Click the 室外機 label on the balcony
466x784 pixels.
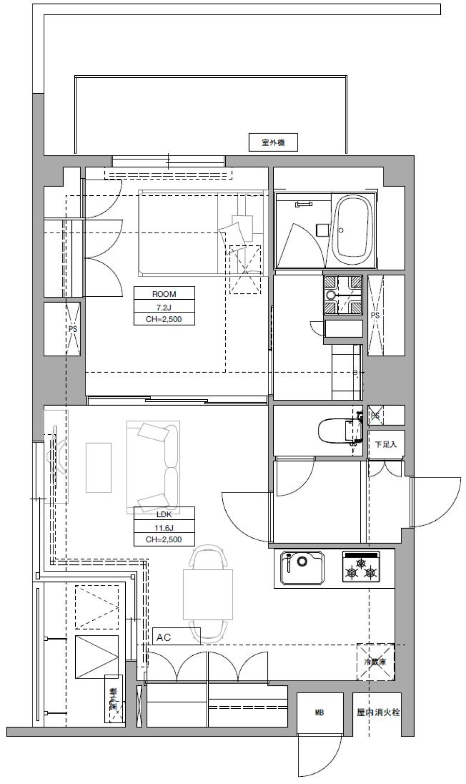click(x=273, y=142)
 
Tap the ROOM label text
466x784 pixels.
click(x=164, y=294)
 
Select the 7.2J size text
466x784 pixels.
click(x=164, y=307)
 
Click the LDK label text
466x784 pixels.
click(x=164, y=514)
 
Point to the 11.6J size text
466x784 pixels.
click(x=164, y=527)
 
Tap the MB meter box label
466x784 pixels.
click(x=319, y=713)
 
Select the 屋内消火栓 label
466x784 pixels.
click(x=378, y=713)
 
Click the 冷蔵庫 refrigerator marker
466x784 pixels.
click(x=375, y=662)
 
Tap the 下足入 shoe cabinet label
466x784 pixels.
click(x=385, y=444)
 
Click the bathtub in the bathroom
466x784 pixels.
click(x=354, y=228)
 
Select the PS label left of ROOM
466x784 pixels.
click(x=73, y=329)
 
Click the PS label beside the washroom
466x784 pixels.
click(x=375, y=315)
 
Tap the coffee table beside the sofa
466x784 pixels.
click(x=99, y=467)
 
